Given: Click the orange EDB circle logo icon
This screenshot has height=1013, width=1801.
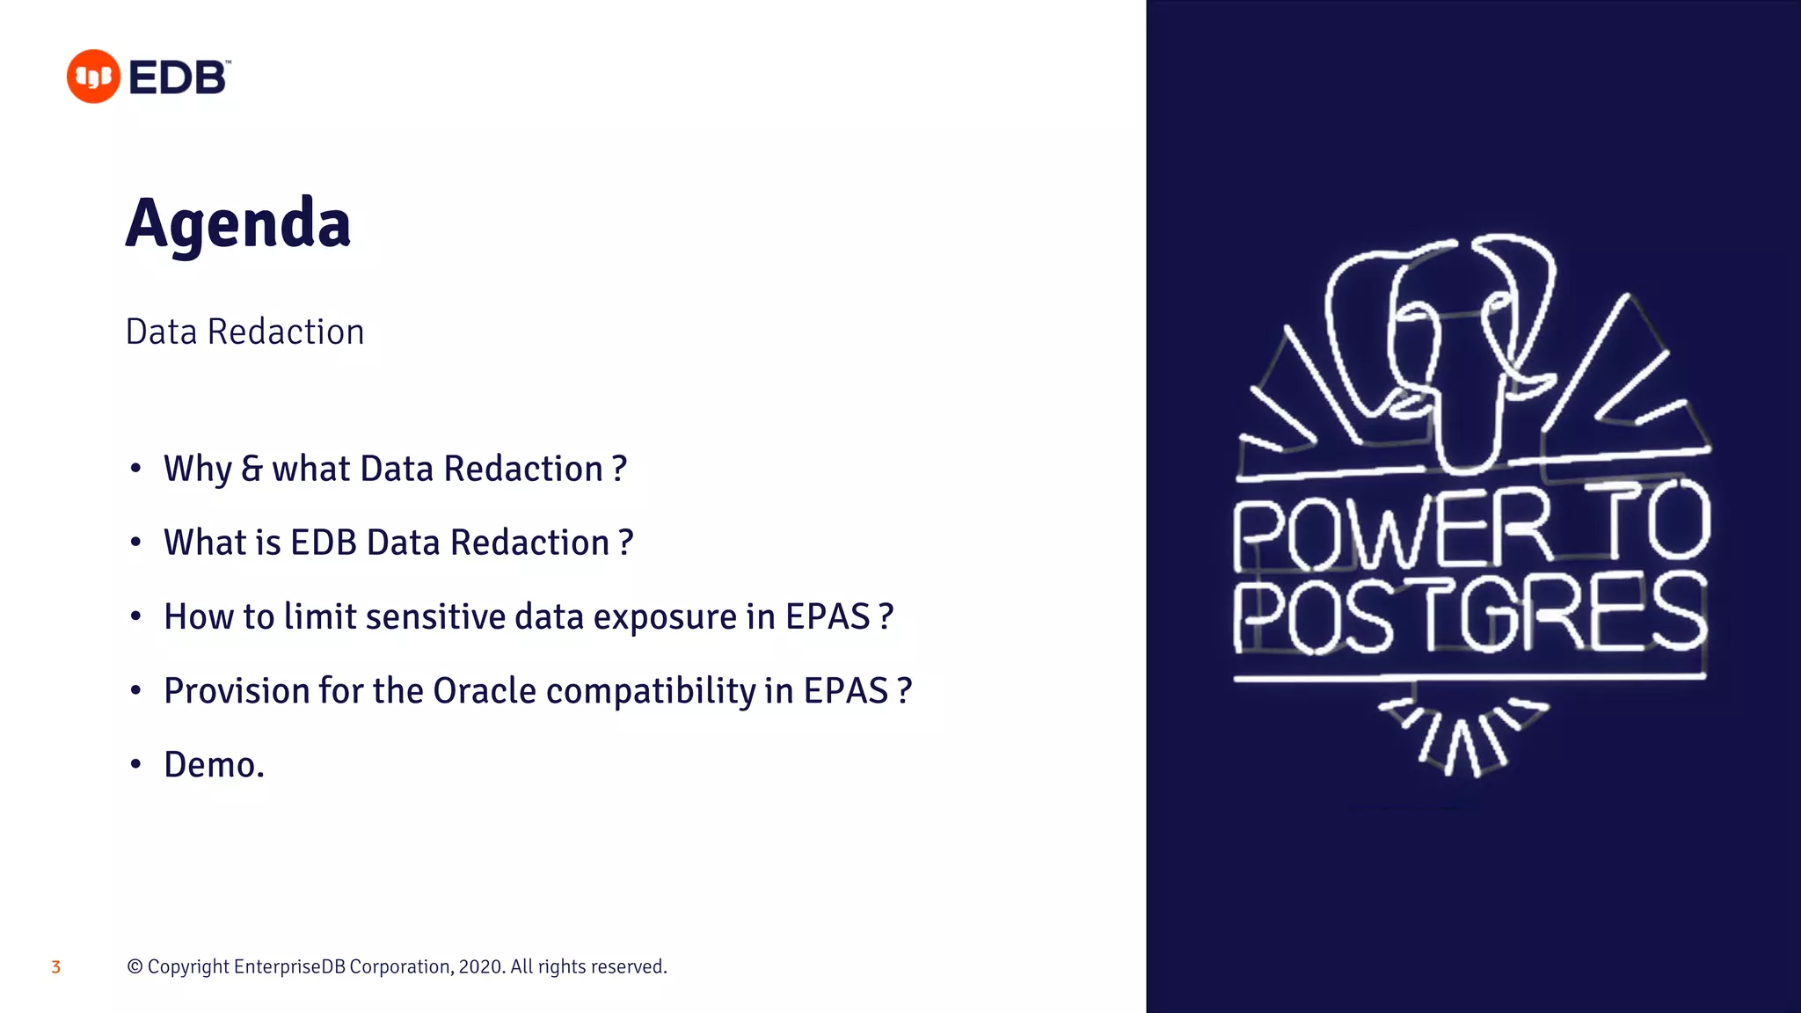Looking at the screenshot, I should click(x=93, y=77).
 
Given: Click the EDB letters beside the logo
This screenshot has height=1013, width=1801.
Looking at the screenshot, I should click(x=179, y=77).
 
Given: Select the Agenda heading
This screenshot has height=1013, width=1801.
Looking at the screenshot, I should click(x=237, y=223).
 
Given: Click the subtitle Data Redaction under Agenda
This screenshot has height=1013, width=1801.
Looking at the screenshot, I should click(x=244, y=332).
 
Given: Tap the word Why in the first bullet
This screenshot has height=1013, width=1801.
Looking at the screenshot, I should click(x=197, y=470).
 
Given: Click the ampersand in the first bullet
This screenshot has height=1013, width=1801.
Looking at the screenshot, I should click(x=252, y=469).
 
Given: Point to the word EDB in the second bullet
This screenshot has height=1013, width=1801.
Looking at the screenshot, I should click(x=323, y=543).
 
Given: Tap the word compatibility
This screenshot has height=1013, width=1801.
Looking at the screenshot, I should click(x=651, y=691).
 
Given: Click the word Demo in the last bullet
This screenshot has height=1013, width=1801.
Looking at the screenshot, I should click(x=210, y=765).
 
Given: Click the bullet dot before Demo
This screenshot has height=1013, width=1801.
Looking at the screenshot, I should click(x=135, y=764).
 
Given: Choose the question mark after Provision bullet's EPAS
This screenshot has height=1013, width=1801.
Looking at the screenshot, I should click(x=904, y=691).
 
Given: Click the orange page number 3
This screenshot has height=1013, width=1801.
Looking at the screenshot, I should click(x=55, y=967).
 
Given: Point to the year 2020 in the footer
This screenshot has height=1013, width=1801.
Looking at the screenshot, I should click(x=480, y=967).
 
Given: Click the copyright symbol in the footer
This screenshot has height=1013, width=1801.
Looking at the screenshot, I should click(x=135, y=967).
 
